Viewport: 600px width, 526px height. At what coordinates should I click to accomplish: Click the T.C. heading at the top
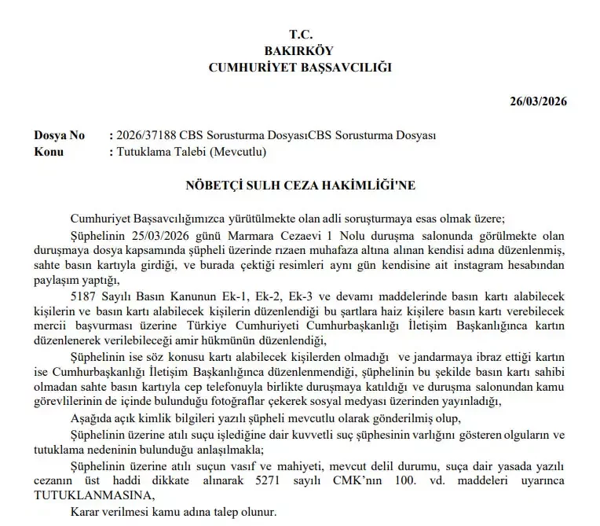coord(300,35)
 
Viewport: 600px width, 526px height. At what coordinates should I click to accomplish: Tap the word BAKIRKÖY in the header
coord(300,51)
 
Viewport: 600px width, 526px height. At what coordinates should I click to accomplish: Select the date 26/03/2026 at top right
coord(538,101)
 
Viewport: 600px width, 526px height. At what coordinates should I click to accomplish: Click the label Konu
coord(49,152)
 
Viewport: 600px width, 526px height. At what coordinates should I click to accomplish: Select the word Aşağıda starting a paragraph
coord(94,417)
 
